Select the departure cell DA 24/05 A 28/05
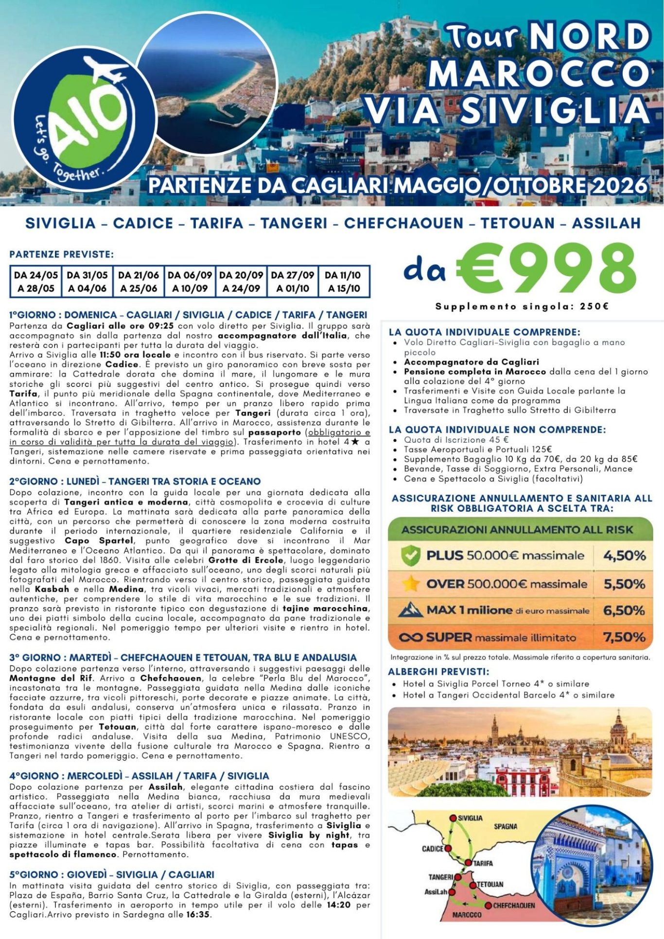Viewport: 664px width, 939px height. pyautogui.click(x=36, y=281)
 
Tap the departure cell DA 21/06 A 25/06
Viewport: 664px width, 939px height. pyautogui.click(x=139, y=281)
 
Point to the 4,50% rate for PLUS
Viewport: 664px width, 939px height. pyautogui.click(x=625, y=556)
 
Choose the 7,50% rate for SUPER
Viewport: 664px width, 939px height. pyautogui.click(x=625, y=637)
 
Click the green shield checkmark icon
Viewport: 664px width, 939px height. pyautogui.click(x=411, y=556)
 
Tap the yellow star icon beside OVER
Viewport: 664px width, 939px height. pyautogui.click(x=411, y=584)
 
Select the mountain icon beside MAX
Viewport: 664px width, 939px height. pyautogui.click(x=411, y=610)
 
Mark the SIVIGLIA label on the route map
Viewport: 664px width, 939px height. pyautogui.click(x=470, y=818)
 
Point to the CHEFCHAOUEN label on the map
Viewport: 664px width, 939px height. pyautogui.click(x=514, y=905)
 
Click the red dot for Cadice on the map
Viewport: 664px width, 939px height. pyautogui.click(x=448, y=848)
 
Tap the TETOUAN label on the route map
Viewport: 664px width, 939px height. pyautogui.click(x=490, y=884)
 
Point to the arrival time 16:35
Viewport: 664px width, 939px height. pyautogui.click(x=199, y=914)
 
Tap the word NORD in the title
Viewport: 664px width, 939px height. pyautogui.click(x=590, y=37)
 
